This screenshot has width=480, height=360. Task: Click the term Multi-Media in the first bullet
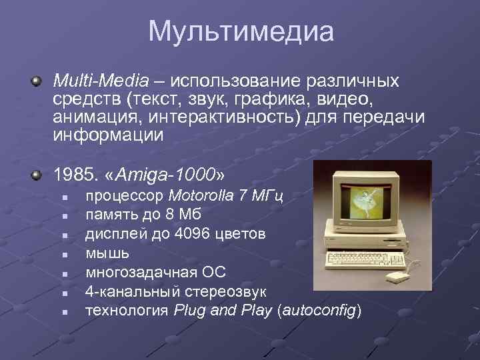pyautogui.click(x=101, y=81)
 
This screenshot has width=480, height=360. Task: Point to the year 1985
pyautogui.click(x=74, y=175)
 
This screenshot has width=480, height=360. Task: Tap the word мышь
pyautogui.click(x=107, y=253)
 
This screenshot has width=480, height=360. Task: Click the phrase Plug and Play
pyautogui.click(x=223, y=311)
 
